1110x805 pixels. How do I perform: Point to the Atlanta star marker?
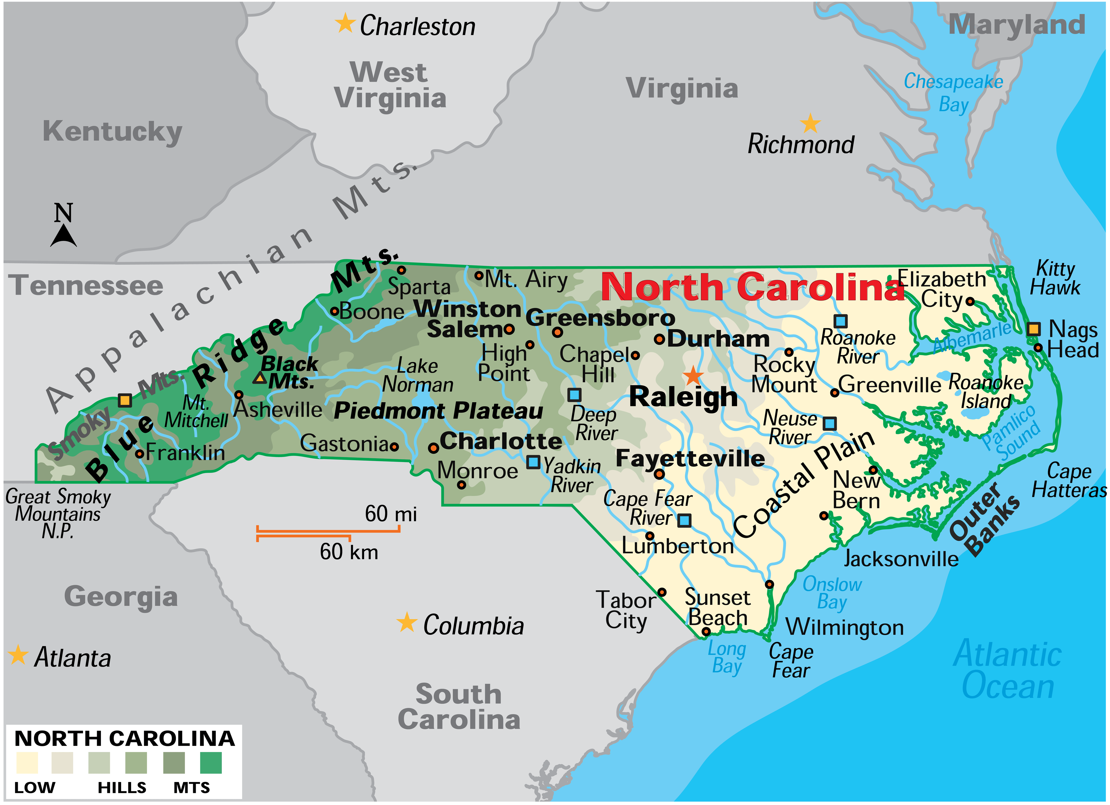pos(18,655)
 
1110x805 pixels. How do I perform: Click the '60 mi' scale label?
pos(390,514)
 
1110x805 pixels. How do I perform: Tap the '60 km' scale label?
pos(349,552)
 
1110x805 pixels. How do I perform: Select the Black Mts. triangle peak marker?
pos(259,378)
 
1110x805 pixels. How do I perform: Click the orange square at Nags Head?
pos(1033,329)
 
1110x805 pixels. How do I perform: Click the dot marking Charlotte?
pos(433,448)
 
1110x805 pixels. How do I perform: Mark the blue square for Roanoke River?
pos(840,321)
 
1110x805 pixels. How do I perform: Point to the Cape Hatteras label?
pos(1069,480)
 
